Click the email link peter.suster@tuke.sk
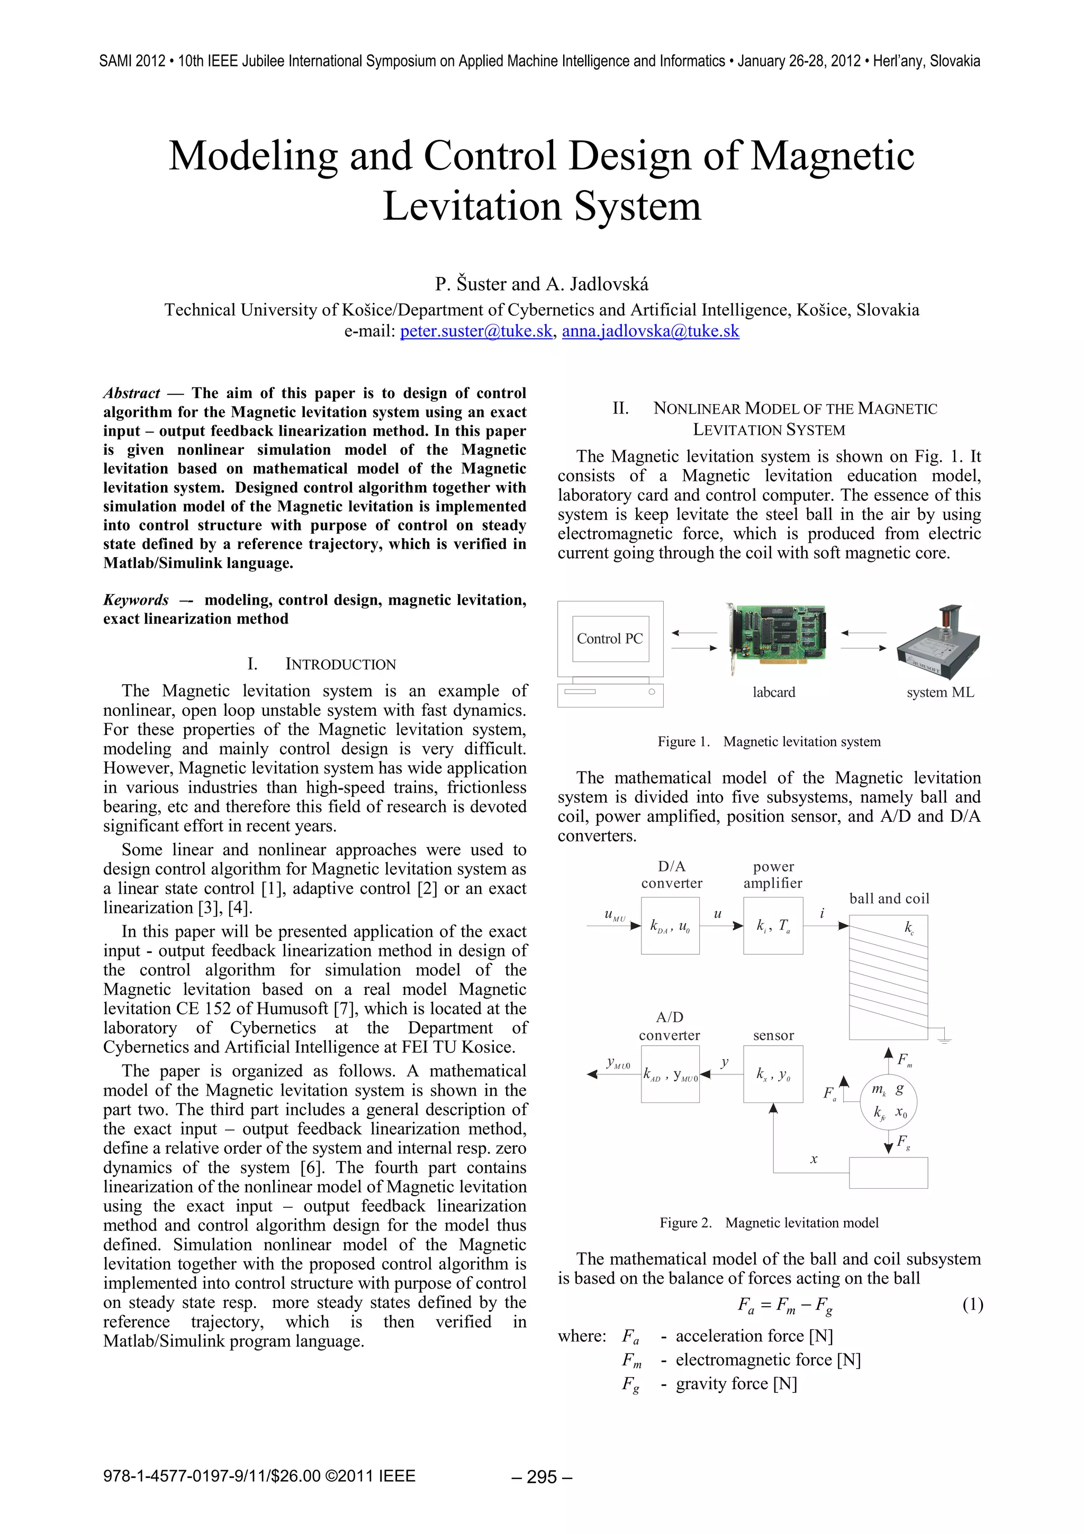[476, 331]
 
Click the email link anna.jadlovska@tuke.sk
[650, 331]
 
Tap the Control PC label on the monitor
[610, 639]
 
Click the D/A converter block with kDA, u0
[670, 926]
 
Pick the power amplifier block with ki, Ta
[773, 926]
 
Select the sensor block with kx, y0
[773, 1074]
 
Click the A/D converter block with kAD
[670, 1074]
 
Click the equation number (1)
[972, 1304]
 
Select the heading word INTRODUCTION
[341, 664]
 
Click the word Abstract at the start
[132, 393]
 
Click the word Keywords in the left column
[135, 600]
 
